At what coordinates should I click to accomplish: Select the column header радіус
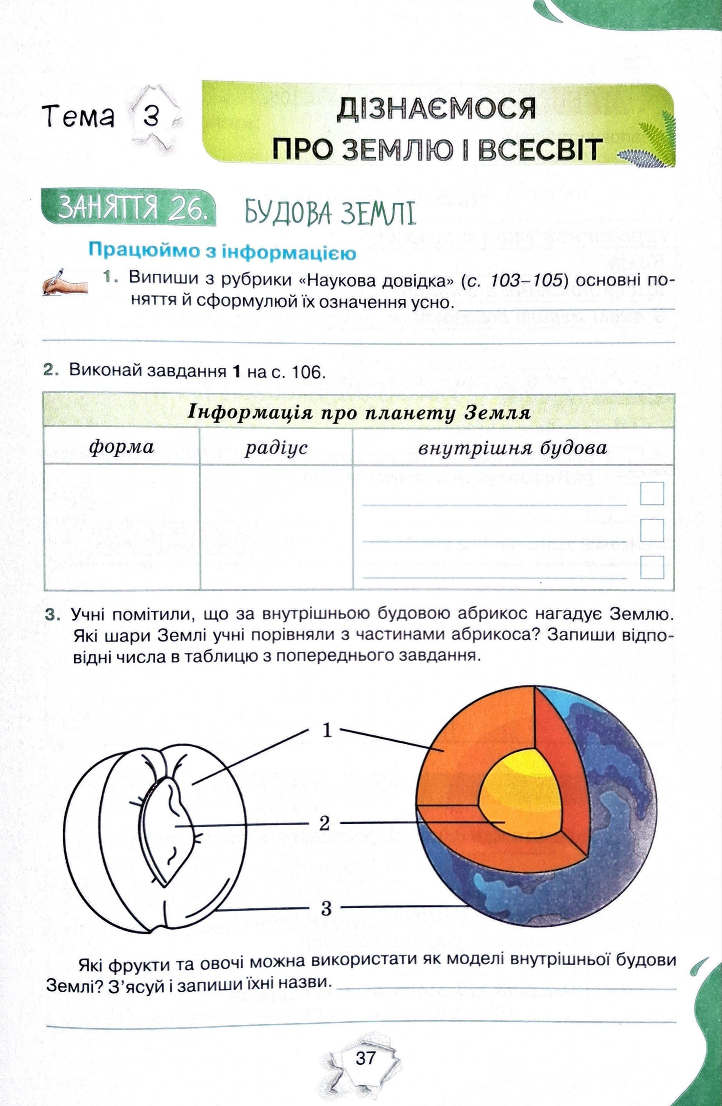tap(276, 447)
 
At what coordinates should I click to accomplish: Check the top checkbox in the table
tap(651, 493)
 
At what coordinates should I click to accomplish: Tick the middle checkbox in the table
tap(651, 530)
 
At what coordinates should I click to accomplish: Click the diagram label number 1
tap(327, 731)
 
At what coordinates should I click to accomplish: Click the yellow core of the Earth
tap(523, 790)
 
